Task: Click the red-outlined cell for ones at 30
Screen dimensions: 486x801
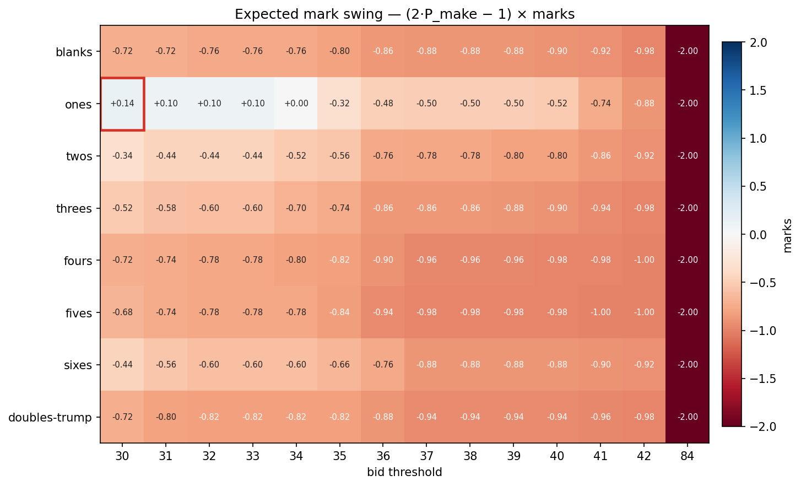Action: click(122, 104)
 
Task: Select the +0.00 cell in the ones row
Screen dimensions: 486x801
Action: click(296, 104)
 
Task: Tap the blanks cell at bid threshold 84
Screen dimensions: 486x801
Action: click(687, 52)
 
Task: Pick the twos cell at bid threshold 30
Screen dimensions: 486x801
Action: click(122, 156)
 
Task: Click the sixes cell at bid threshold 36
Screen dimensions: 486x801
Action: click(383, 365)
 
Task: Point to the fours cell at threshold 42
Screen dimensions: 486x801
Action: click(643, 260)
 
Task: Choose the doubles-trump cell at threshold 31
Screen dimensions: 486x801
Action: click(166, 417)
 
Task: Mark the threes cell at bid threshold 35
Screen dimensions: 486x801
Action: click(339, 208)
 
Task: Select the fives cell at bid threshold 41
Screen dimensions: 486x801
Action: click(600, 312)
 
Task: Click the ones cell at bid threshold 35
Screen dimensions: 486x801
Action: click(339, 104)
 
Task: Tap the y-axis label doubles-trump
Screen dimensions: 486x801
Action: click(50, 418)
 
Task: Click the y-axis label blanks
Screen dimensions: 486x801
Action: click(74, 53)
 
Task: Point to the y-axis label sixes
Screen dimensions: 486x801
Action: click(78, 365)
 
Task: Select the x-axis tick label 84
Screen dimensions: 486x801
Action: click(687, 456)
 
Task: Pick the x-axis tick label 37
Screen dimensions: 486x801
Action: click(426, 456)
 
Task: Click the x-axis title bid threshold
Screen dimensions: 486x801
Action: click(404, 472)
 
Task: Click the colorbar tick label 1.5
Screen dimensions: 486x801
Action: click(758, 90)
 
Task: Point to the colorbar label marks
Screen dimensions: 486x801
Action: click(787, 235)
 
